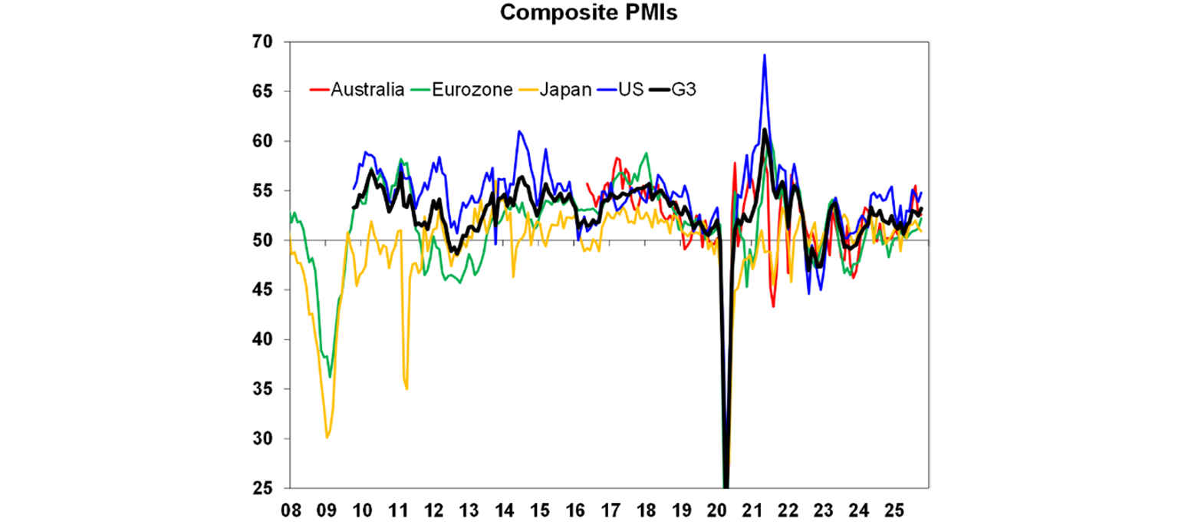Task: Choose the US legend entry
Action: [x=624, y=90]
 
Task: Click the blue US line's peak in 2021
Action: [x=765, y=55]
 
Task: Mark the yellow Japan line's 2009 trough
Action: [x=327, y=438]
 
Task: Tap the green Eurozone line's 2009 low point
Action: [x=330, y=377]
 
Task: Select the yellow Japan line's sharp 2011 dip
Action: [x=406, y=388]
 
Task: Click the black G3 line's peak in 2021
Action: [x=765, y=129]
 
